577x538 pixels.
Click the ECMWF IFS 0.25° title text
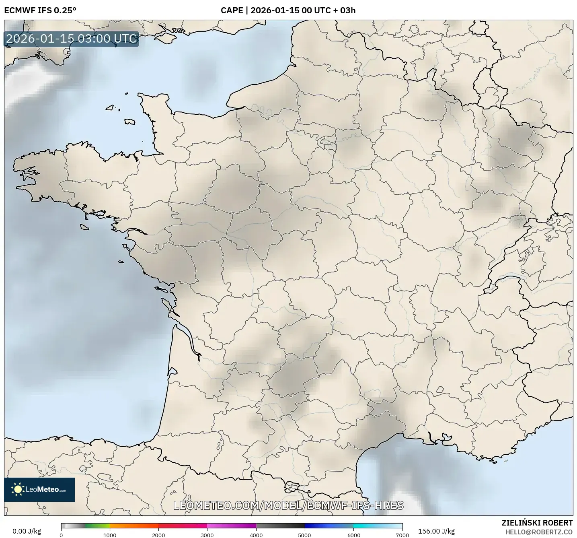40,10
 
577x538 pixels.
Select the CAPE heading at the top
288,10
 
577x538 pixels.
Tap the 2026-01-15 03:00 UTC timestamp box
72,39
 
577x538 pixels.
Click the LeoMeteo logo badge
39,489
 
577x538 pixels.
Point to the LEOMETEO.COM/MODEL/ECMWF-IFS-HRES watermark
288,505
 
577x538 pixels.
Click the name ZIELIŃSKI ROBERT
537,523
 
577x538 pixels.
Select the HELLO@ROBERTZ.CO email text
539,532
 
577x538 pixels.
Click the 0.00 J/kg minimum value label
27,531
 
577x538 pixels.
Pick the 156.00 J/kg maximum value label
436,531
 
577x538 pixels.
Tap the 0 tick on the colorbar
61,535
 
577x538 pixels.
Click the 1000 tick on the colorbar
110,535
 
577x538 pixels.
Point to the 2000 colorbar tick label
158,535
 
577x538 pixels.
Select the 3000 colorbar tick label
207,535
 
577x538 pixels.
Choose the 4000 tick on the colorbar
256,535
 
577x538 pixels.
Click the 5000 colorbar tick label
305,535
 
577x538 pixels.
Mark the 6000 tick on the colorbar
353,535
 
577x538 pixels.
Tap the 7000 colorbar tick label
402,535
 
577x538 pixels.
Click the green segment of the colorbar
97,526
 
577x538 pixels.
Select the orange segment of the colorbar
133,526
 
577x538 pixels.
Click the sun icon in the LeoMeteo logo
18,489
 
